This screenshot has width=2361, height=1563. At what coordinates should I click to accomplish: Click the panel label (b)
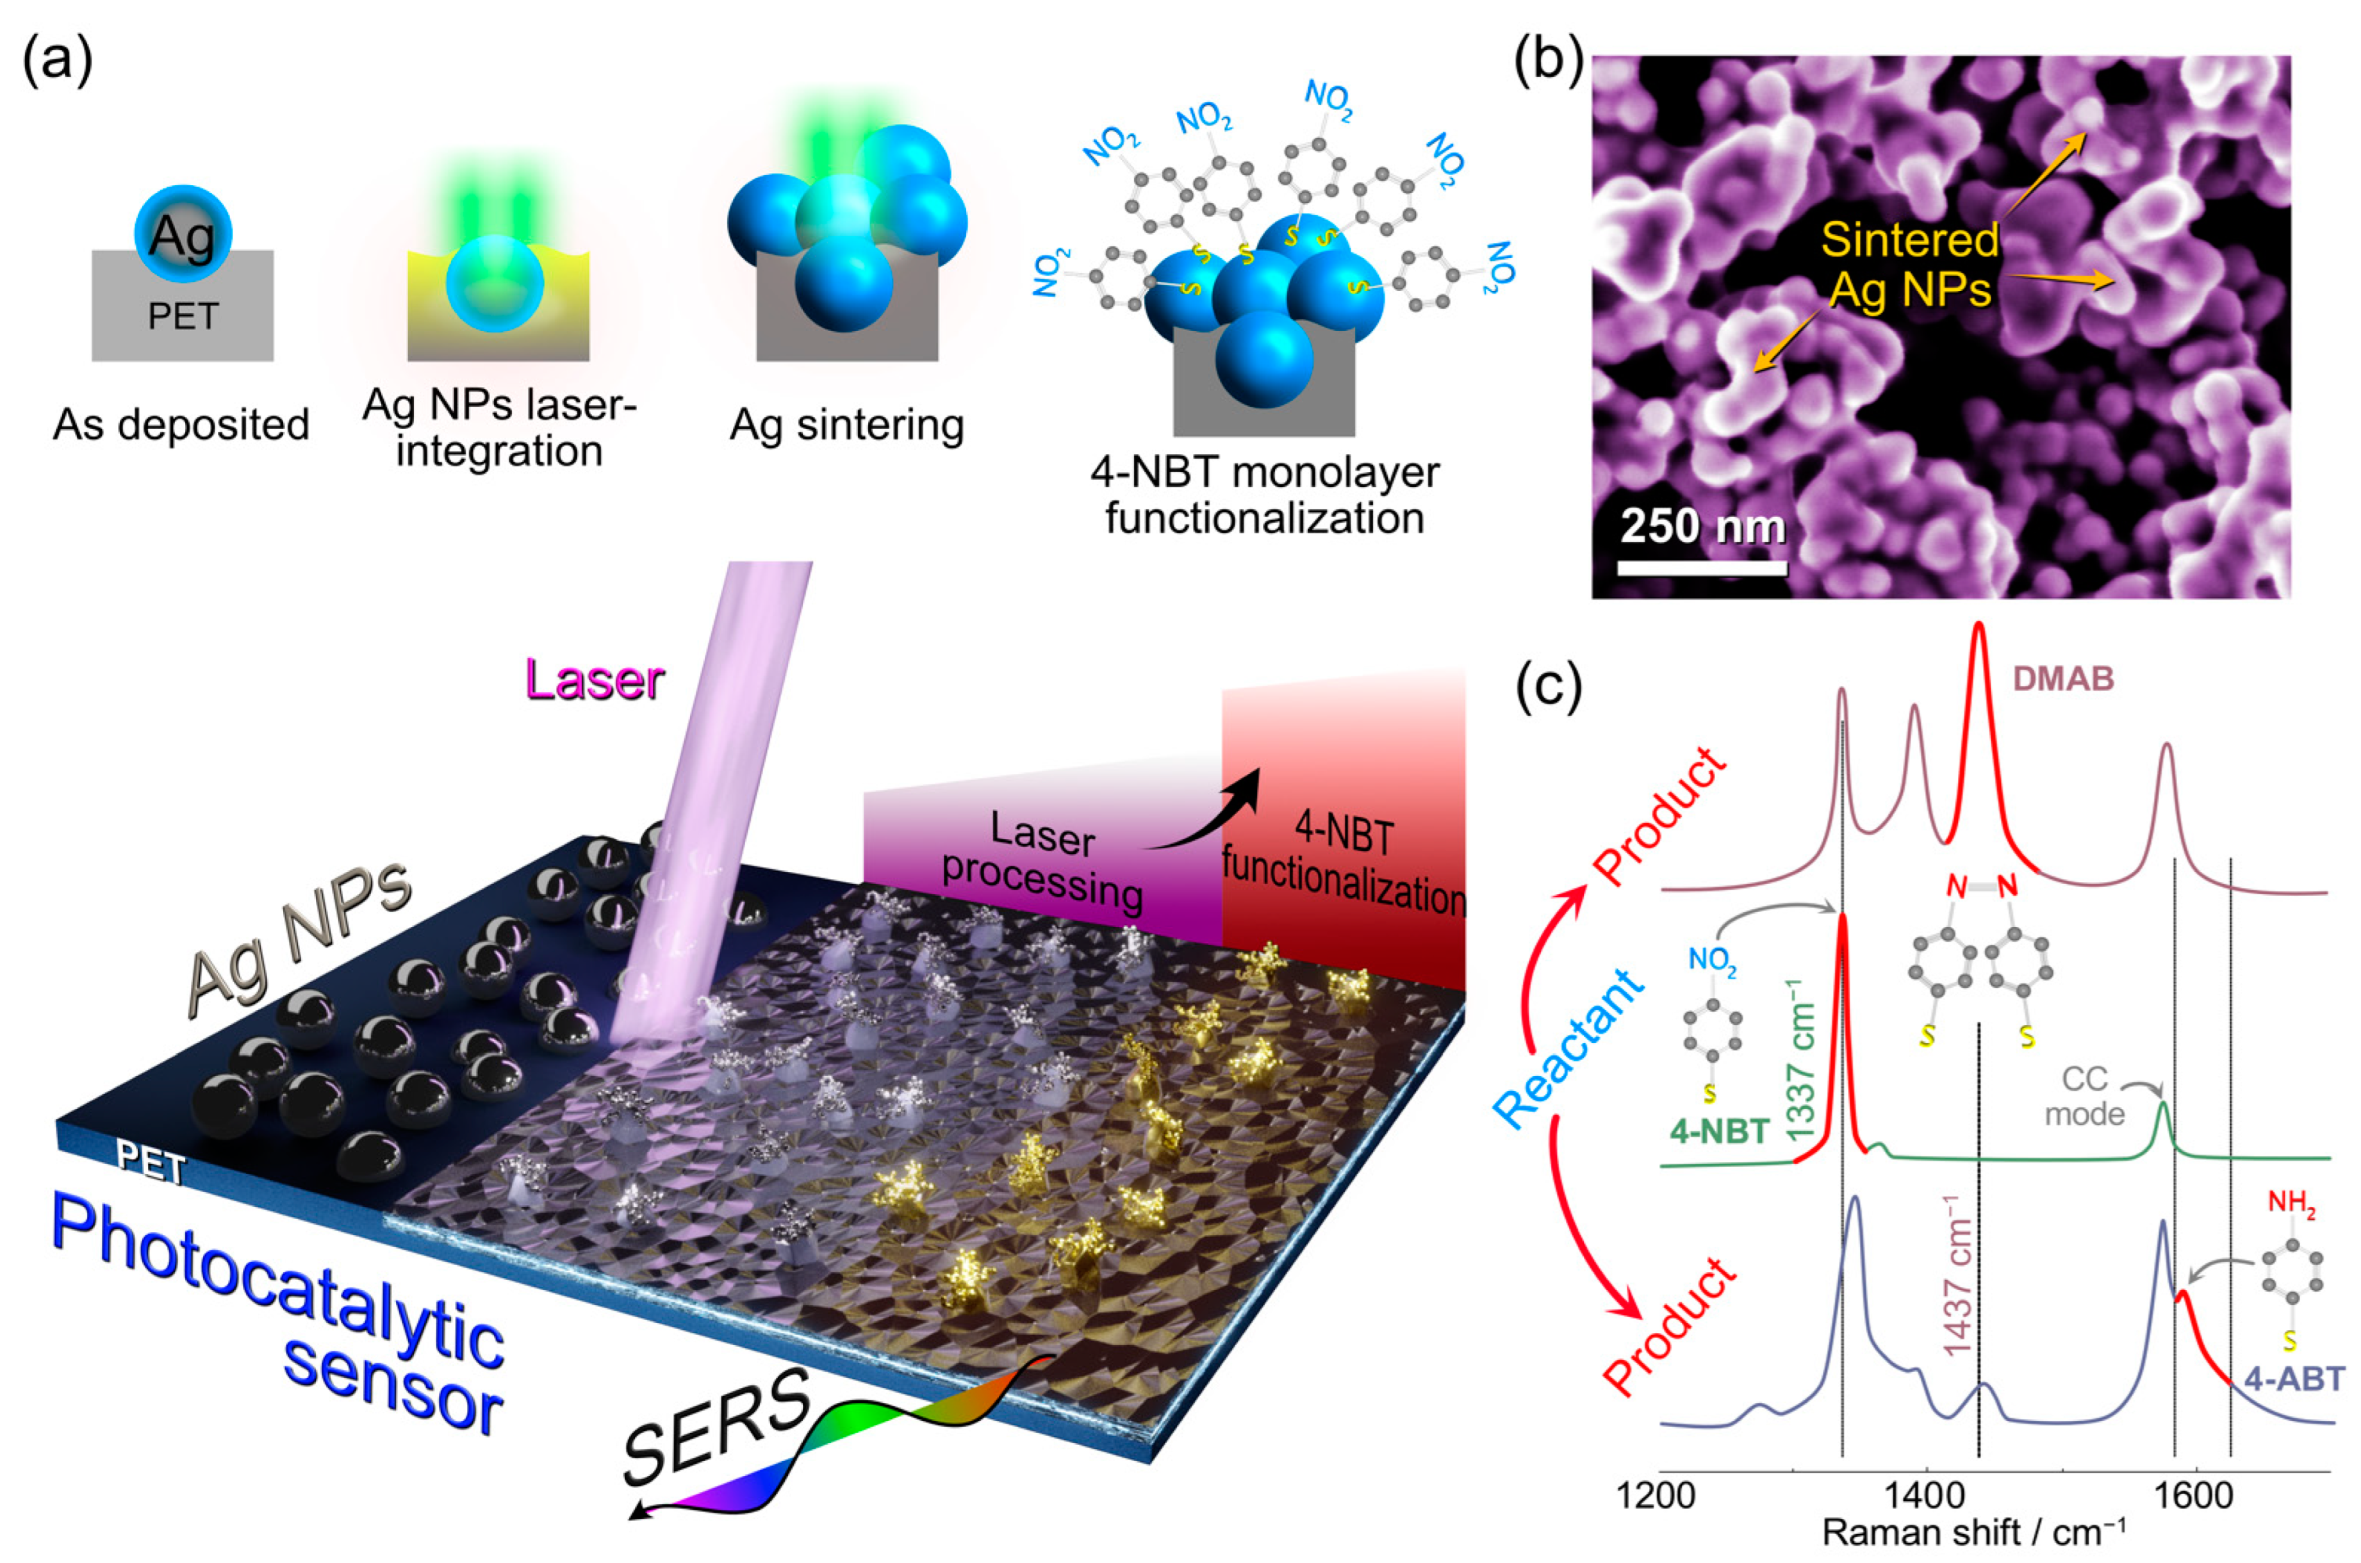[1547, 61]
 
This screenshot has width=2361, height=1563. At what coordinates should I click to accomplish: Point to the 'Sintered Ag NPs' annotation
[1909, 264]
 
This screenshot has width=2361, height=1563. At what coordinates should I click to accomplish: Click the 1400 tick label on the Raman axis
[1927, 1496]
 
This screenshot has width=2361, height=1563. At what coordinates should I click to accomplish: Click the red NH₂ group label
[2291, 1203]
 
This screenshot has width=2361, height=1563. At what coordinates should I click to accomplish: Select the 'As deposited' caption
[181, 425]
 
